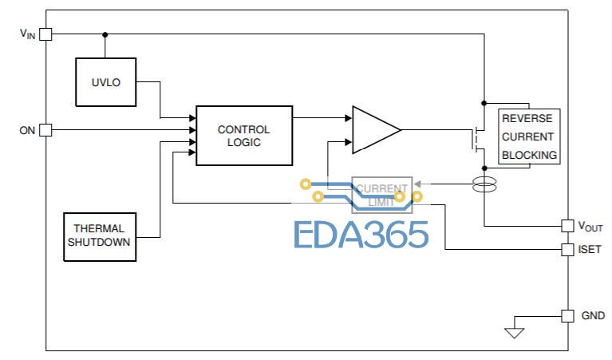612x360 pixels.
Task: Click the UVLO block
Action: tap(106, 81)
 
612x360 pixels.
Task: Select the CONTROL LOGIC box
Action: tap(243, 135)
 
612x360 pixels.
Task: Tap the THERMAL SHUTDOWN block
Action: tap(99, 235)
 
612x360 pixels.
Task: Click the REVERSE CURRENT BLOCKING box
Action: tap(529, 136)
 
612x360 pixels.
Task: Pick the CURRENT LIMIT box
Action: tap(381, 195)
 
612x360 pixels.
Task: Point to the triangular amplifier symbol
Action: tap(374, 129)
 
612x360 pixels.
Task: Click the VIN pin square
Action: tap(45, 34)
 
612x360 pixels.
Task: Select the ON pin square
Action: tap(45, 129)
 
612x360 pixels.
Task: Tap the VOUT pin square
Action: tap(567, 226)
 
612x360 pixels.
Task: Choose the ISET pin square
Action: tap(567, 250)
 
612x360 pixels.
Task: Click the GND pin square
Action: tap(567, 315)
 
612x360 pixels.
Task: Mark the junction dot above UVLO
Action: tap(106, 34)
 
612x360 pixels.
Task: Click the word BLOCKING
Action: tap(530, 155)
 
